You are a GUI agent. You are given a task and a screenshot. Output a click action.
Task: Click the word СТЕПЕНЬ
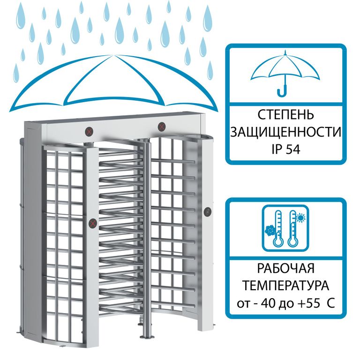click(x=285, y=114)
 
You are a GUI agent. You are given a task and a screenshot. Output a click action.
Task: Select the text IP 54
click(x=285, y=150)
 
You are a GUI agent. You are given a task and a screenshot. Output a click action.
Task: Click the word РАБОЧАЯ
click(x=285, y=268)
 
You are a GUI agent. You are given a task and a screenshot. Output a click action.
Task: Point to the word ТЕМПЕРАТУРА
click(x=285, y=285)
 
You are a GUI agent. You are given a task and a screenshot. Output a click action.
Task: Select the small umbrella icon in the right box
click(x=285, y=73)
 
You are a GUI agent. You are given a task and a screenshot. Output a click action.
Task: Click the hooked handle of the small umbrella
click(x=283, y=90)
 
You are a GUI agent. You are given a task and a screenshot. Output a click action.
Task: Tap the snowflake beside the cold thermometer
click(x=270, y=231)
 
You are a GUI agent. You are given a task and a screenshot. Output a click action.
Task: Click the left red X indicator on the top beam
click(x=90, y=132)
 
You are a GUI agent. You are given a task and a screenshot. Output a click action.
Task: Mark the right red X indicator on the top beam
click(x=162, y=127)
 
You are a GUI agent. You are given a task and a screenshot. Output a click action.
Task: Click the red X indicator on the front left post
click(x=93, y=223)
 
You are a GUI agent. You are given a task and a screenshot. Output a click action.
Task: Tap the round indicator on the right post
click(x=208, y=211)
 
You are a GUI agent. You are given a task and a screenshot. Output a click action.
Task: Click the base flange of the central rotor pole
click(x=147, y=336)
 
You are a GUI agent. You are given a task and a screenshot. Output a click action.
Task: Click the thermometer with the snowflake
click(x=278, y=228)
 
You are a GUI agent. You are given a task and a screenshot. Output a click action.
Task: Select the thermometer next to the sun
click(x=293, y=228)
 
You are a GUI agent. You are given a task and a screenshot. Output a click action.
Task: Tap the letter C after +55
click(x=330, y=303)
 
